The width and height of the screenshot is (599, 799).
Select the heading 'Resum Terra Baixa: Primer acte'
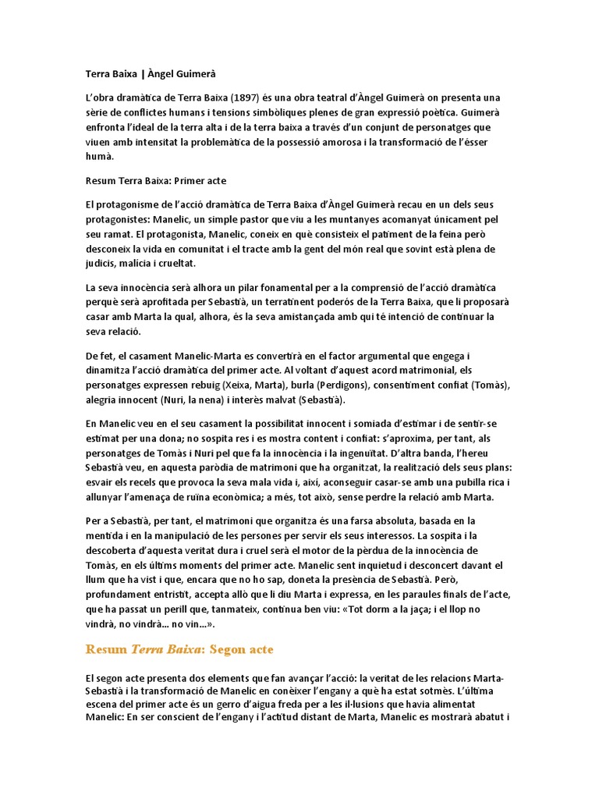(155, 180)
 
